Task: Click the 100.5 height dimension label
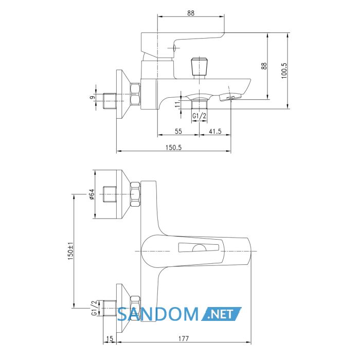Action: [284, 71]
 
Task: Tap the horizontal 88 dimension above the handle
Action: [191, 13]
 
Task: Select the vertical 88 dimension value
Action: [264, 66]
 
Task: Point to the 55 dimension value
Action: [178, 131]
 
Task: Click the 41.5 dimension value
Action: [215, 131]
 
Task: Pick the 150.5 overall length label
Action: [174, 148]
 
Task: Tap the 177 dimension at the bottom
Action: [184, 338]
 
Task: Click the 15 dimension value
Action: [110, 338]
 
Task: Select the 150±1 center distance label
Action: [70, 251]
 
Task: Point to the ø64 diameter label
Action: [92, 194]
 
